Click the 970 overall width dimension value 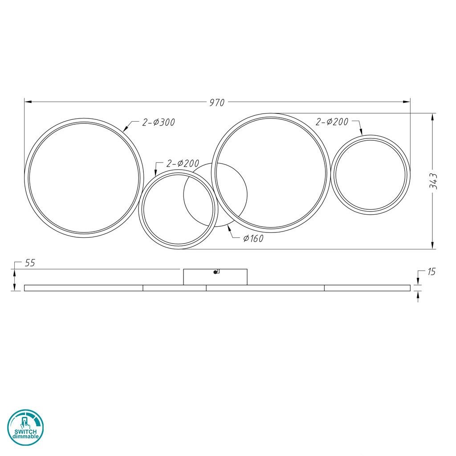click(217, 102)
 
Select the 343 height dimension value click(433, 181)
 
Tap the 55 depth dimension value click(30, 263)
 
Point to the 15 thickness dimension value click(431, 272)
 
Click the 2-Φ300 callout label click(159, 122)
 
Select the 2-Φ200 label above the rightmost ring click(332, 122)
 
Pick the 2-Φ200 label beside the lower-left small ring click(183, 163)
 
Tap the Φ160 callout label click(253, 239)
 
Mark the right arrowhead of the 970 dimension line click(407, 102)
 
